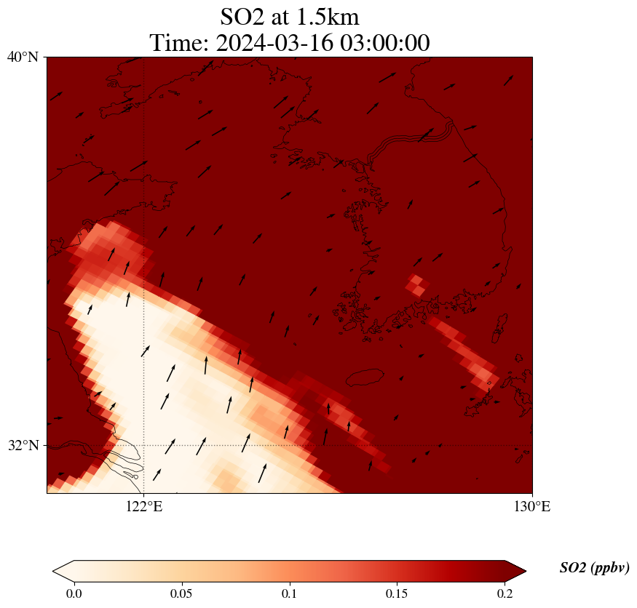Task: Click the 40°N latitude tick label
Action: (23, 57)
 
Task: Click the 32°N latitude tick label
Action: (23, 445)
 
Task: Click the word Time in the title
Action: (178, 43)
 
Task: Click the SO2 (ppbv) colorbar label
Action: (594, 568)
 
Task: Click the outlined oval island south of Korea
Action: (365, 377)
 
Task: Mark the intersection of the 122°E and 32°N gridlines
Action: (144, 445)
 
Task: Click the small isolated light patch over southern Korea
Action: (416, 284)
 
